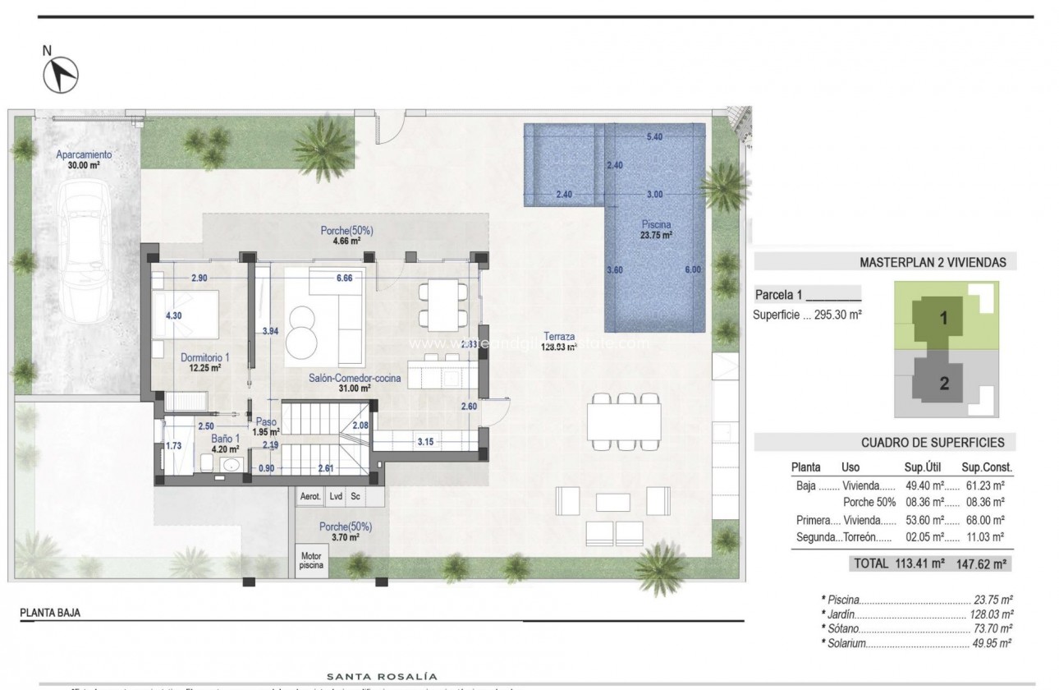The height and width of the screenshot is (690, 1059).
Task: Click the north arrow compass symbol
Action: [x=60, y=76]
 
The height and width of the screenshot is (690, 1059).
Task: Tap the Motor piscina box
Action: [x=310, y=560]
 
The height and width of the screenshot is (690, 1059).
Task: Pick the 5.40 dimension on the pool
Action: [x=654, y=137]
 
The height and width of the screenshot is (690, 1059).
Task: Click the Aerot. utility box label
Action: [x=310, y=496]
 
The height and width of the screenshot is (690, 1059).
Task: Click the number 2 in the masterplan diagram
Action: [x=944, y=382]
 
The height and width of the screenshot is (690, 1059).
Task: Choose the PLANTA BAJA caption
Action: [x=51, y=613]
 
